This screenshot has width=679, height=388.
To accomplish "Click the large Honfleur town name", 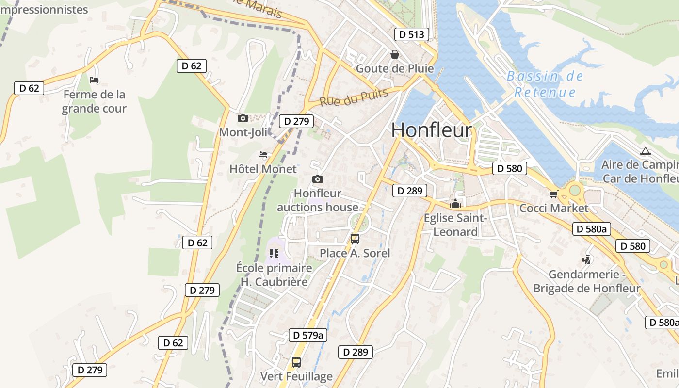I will click(x=431, y=130).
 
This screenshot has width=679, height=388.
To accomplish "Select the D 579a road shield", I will click(x=308, y=335).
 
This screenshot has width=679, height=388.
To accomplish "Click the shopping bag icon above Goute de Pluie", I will click(x=395, y=54).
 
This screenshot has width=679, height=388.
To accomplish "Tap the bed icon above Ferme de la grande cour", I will click(x=94, y=80).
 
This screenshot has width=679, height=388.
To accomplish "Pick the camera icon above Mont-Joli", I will click(x=242, y=118).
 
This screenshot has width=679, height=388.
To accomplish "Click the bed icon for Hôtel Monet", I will click(x=263, y=155).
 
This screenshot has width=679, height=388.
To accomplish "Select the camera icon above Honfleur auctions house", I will click(x=317, y=179).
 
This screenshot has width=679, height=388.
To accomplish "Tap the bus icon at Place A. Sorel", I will click(x=355, y=239).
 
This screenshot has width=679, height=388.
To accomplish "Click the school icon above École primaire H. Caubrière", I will click(x=274, y=253).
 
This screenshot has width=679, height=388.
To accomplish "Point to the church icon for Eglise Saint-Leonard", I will click(x=455, y=204).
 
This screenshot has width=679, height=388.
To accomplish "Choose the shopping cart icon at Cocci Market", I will click(x=553, y=194).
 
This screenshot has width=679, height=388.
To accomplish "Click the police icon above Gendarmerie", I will click(x=587, y=260).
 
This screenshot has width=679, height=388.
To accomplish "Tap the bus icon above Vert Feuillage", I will click(x=296, y=362).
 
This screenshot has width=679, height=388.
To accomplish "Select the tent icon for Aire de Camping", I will click(x=645, y=151).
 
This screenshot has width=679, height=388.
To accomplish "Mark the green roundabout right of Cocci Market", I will click(x=575, y=190).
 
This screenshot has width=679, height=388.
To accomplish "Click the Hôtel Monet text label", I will click(x=262, y=169).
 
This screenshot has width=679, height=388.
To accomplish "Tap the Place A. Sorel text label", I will click(x=355, y=253).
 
